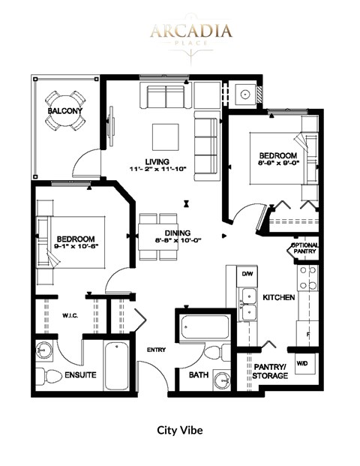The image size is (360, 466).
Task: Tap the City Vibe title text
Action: pos(180,431)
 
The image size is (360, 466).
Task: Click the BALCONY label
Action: pos(65,112)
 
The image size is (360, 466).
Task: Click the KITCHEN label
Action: pos(278,297)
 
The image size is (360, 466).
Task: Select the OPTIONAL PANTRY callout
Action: pos(304,250)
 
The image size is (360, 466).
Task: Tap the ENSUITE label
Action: pos(79,374)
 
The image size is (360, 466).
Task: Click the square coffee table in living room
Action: pos(166,137)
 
